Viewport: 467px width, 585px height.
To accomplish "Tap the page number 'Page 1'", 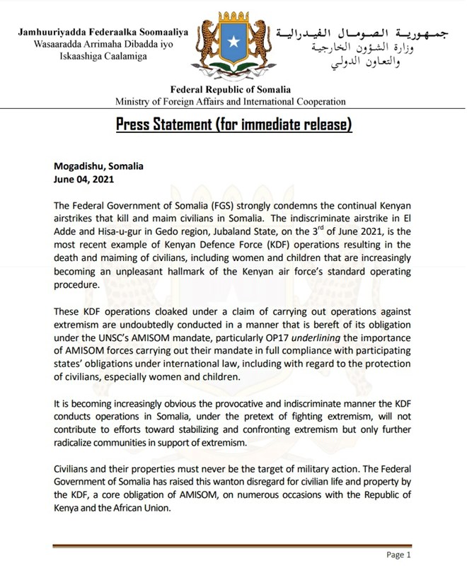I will [x=399, y=555].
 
